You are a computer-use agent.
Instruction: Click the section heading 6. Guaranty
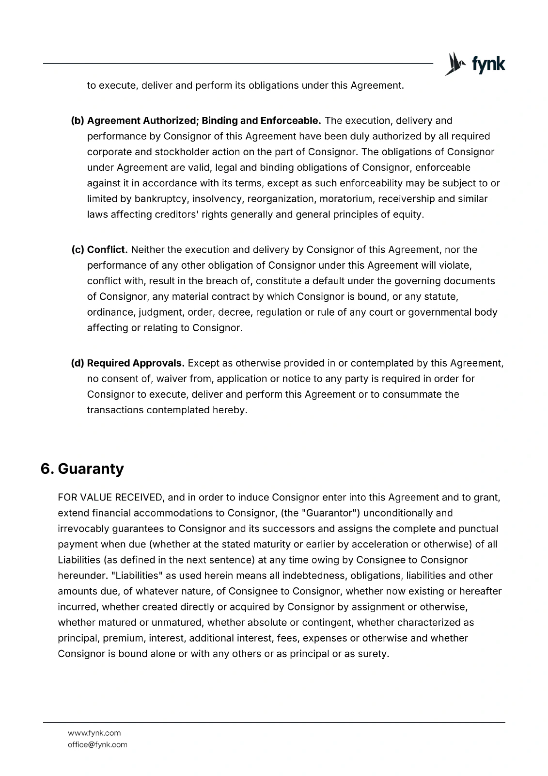pos(82,469)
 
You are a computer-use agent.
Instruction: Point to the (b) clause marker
pos(78,120)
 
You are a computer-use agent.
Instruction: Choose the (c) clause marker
pos(78,250)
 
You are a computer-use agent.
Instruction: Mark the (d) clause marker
pos(78,363)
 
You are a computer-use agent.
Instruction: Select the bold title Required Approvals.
pos(136,363)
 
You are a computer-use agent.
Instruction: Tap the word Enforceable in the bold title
pos(290,120)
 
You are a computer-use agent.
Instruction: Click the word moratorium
pos(346,199)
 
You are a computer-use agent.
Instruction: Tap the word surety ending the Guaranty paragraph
pos(373,654)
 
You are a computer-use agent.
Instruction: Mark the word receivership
pos(407,199)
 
